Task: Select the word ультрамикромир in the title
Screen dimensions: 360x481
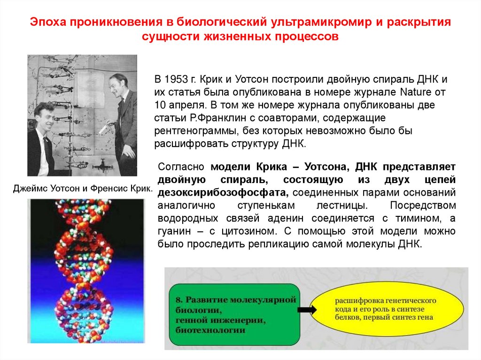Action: click(313, 22)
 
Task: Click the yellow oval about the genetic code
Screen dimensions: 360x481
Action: click(384, 309)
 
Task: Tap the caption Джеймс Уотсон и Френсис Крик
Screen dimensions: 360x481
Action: click(83, 189)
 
